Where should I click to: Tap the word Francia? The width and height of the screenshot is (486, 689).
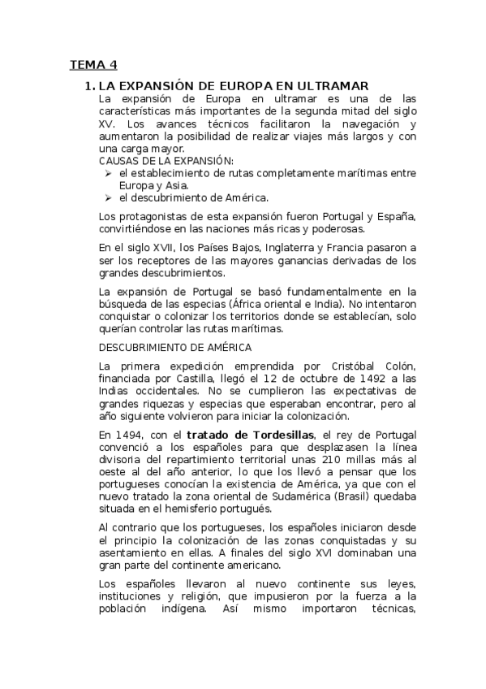[370, 248]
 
